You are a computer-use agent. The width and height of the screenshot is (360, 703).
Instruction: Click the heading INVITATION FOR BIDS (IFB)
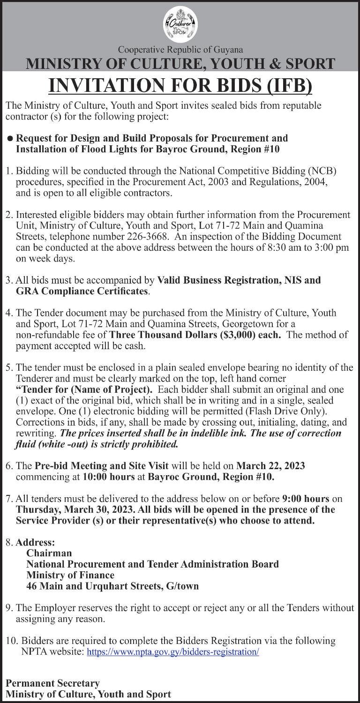click(x=180, y=86)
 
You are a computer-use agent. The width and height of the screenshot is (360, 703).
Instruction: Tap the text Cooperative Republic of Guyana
click(x=180, y=49)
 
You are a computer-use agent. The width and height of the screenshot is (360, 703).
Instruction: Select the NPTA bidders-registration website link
click(x=173, y=652)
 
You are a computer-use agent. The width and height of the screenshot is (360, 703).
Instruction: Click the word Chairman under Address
click(x=49, y=553)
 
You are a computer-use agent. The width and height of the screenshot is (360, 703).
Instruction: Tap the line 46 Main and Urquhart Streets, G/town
click(x=112, y=586)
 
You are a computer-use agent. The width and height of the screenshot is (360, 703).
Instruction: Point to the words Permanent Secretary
click(x=52, y=683)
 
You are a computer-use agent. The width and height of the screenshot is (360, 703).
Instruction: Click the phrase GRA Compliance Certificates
click(x=82, y=292)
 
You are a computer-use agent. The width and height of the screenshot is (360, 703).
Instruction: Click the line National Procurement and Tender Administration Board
click(x=152, y=564)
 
